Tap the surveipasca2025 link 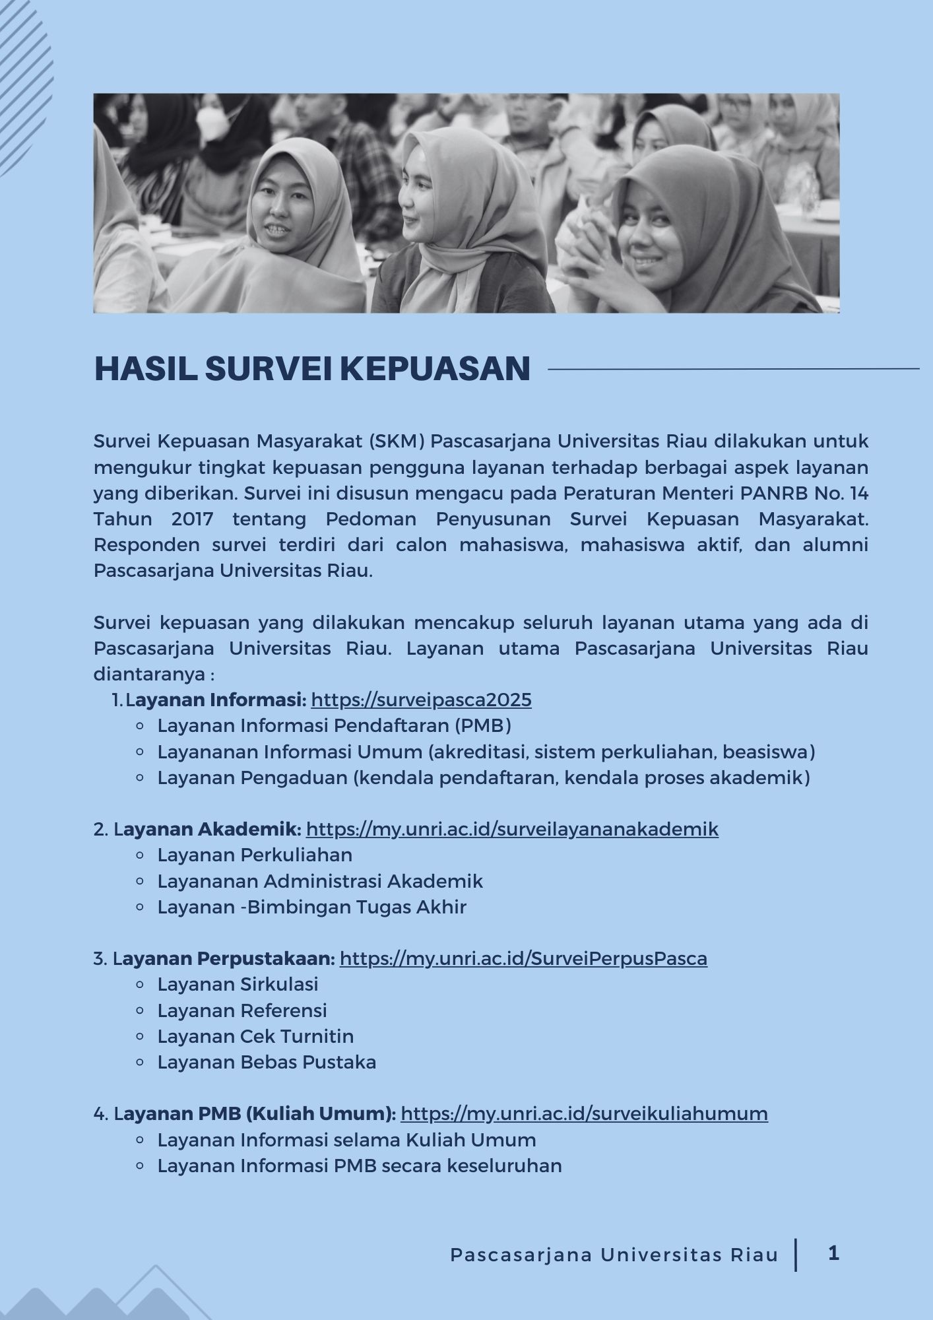tap(421, 700)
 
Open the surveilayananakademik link tap(512, 829)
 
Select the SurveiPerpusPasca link tap(523, 958)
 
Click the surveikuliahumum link tap(584, 1114)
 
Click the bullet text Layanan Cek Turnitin tap(255, 1036)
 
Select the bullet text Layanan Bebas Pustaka tap(267, 1062)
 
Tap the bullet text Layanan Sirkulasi tap(238, 984)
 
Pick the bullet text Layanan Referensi tap(242, 1010)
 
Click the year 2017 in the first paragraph tap(192, 519)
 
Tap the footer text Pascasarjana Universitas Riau tap(614, 1255)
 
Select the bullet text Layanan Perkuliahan tap(255, 855)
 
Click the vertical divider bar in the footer tap(796, 1255)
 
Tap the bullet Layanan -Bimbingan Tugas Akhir tap(311, 907)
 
